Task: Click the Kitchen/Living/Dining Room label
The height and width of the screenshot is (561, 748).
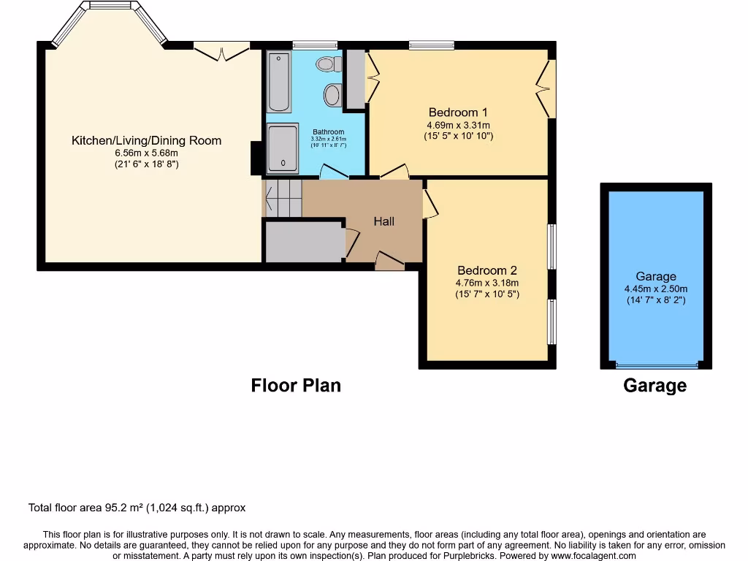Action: point(146,140)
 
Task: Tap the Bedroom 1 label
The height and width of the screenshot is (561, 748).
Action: point(458,112)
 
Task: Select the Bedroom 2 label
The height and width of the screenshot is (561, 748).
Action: point(487,270)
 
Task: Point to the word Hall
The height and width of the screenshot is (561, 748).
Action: point(384,221)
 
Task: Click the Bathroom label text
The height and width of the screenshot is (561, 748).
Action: point(329,132)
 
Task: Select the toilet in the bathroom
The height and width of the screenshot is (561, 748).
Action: point(329,64)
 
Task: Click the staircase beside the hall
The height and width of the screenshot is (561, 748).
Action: point(283,198)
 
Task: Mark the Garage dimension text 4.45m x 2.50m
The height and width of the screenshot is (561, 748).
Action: point(655,289)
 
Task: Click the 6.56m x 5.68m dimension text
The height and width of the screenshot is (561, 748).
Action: point(146,153)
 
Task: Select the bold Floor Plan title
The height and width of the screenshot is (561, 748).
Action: point(296,385)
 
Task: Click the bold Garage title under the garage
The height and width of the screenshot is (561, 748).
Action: point(654,386)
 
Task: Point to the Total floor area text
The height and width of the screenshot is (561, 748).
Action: point(137,508)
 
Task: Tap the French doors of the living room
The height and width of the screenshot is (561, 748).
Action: point(221,52)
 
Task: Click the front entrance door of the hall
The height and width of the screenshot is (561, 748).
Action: point(389,262)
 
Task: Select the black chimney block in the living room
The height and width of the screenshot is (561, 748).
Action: point(256,158)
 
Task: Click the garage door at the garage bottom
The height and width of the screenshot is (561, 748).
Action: point(655,365)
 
